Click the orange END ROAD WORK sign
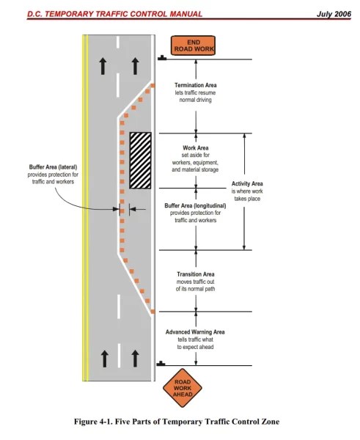[193, 45]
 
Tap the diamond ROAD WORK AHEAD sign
[183, 388]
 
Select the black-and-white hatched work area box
[140, 161]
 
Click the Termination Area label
[196, 85]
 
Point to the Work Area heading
[196, 148]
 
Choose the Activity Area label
[247, 184]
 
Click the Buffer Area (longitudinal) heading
[195, 205]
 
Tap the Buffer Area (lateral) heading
[53, 167]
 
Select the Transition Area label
[196, 274]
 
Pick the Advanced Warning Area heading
[195, 332]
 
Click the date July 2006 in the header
[334, 14]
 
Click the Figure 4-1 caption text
[177, 422]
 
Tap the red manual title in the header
[115, 14]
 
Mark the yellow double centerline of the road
[85, 208]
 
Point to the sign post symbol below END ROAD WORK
[162, 58]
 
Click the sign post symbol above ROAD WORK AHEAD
[161, 364]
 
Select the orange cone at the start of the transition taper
[153, 312]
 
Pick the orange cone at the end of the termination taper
[153, 86]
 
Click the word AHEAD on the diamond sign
[183, 395]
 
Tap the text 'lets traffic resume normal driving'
[195, 96]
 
